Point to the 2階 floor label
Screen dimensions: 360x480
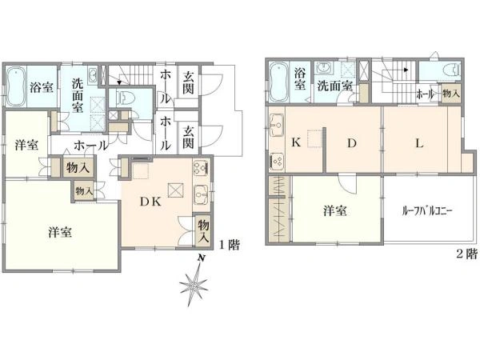[x=466, y=255]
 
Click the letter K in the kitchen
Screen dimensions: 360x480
[x=296, y=144]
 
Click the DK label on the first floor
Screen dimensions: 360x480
[x=151, y=202]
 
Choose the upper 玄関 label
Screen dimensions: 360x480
[x=188, y=82]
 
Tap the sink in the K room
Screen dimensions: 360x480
[x=277, y=125]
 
